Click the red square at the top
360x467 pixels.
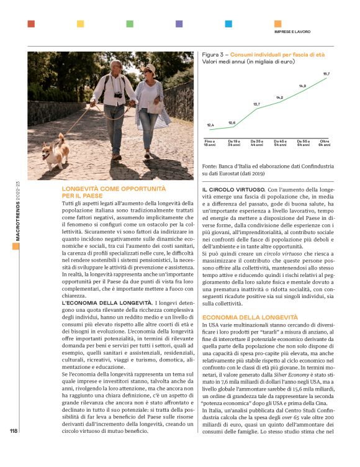pos(31,24)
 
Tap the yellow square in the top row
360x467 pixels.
pos(80,24)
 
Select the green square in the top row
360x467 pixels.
pos(130,24)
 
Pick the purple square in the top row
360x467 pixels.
pos(179,24)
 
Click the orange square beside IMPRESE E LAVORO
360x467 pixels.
pos(228,24)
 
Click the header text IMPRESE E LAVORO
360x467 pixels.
pos(292,32)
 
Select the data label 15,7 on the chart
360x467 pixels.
pos(326,74)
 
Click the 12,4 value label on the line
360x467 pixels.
pos(210,125)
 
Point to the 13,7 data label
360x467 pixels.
pos(256,104)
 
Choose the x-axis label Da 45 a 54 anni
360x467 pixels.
pos(280,143)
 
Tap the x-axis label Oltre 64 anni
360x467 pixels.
pos(325,143)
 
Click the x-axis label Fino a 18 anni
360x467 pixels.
pos(210,143)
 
